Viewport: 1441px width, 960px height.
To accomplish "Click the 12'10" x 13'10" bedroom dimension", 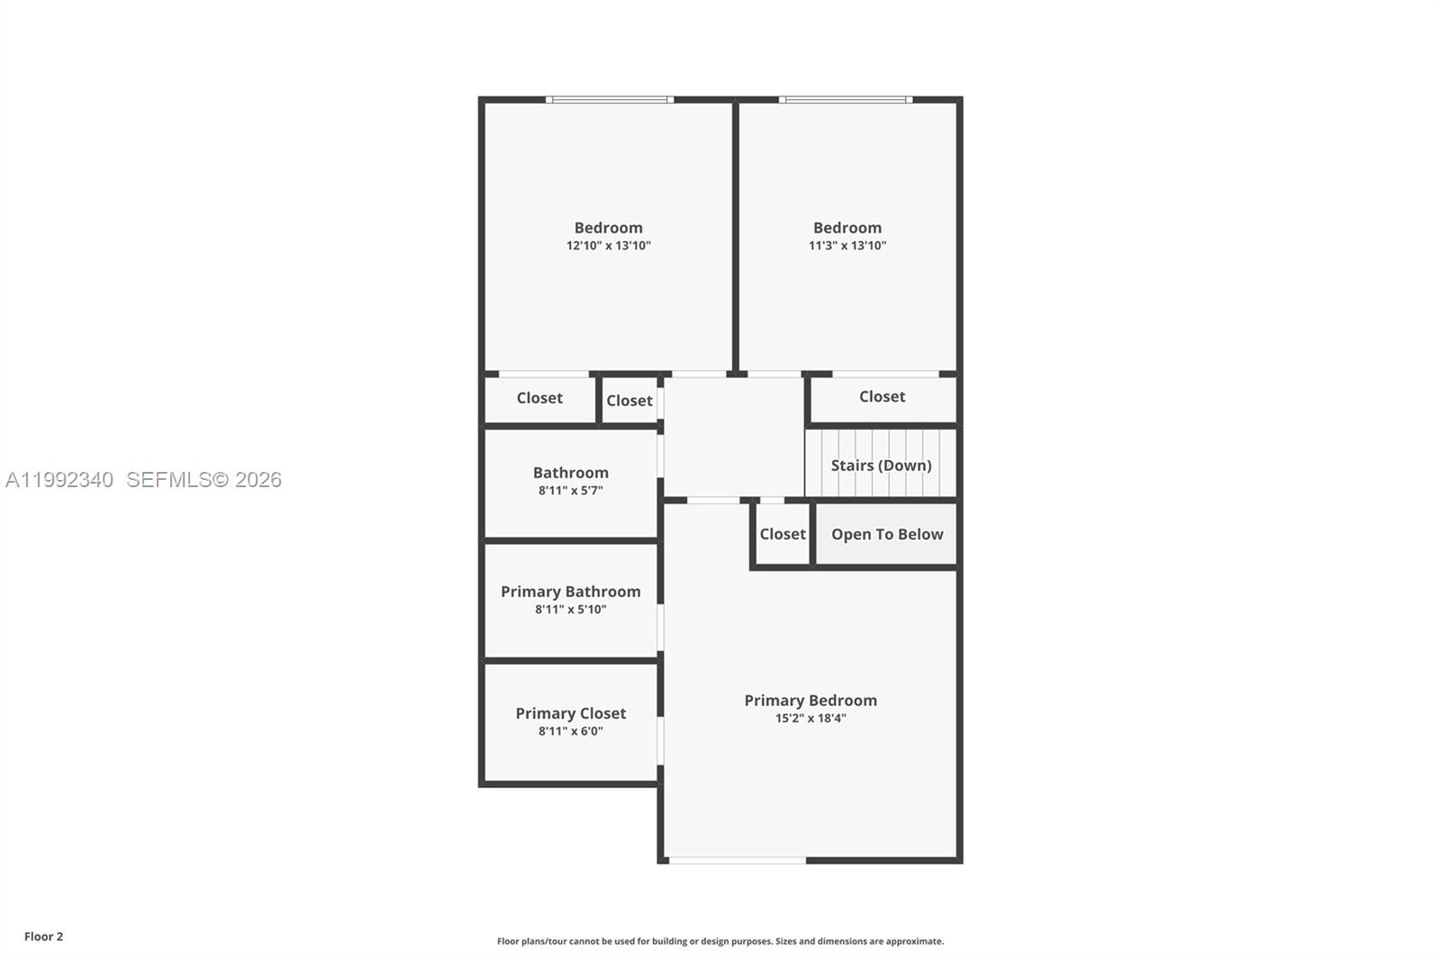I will click(x=608, y=246).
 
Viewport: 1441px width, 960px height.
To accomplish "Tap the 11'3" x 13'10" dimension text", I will click(x=847, y=246).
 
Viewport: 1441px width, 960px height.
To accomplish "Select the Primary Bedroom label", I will click(x=810, y=700).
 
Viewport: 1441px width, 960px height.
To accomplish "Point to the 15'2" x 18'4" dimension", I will click(x=810, y=719).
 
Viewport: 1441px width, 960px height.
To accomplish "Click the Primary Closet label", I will click(x=570, y=712).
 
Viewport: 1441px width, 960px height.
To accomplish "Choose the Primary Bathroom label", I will click(x=570, y=591).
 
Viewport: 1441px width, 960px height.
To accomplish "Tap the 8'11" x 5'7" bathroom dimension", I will click(x=570, y=491).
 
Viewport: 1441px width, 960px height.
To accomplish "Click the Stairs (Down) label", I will click(x=880, y=465).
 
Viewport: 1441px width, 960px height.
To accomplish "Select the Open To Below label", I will click(x=886, y=534).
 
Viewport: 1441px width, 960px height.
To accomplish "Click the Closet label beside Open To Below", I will click(x=782, y=534).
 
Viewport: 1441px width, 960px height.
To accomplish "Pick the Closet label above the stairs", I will click(x=882, y=396).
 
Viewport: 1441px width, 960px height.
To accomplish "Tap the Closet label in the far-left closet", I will click(x=539, y=397).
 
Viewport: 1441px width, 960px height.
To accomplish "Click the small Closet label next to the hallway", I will click(x=629, y=401).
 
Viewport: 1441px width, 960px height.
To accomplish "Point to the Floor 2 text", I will click(x=43, y=937).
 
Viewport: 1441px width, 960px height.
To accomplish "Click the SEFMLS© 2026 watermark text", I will click(x=204, y=480).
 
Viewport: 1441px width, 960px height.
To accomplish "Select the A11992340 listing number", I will click(x=59, y=480).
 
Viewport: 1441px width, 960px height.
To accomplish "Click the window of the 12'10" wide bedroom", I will click(x=609, y=99).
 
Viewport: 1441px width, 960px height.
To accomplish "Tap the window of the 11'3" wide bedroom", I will click(x=845, y=99).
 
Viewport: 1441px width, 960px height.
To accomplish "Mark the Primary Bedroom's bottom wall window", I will click(x=737, y=861).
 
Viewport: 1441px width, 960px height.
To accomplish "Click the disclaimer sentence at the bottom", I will click(x=720, y=941).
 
